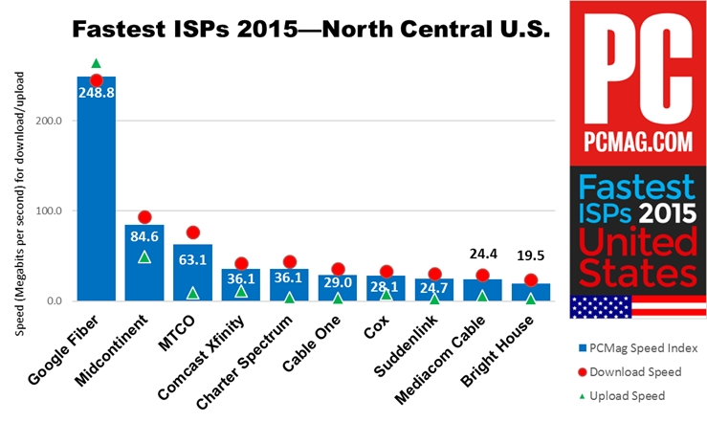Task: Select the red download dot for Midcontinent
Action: [144, 217]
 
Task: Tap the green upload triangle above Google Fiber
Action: [96, 63]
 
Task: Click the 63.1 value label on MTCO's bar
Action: [192, 257]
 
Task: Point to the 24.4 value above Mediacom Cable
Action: [482, 255]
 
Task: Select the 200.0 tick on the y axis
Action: [49, 122]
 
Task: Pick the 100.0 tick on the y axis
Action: [49, 211]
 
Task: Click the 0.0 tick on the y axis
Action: [54, 301]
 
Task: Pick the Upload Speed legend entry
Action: [631, 395]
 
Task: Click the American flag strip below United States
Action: [636, 306]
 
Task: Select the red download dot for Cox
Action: [386, 272]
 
